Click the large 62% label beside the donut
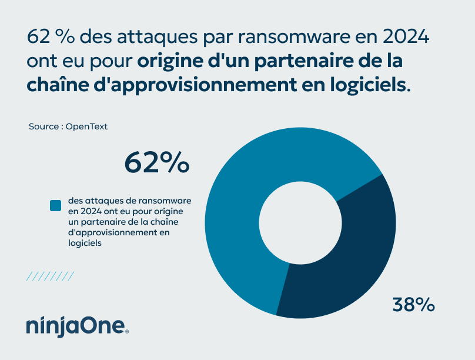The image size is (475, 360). pos(156,162)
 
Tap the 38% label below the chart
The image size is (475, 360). pos(413,305)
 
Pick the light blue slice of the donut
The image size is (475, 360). pos(247,194)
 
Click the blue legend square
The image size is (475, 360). pos(56,205)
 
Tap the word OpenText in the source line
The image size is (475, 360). pos(86,126)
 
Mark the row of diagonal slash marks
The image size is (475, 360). pos(51,276)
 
